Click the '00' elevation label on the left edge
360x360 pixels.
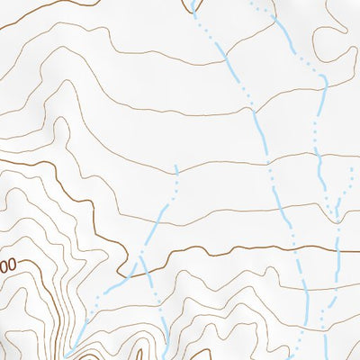pyautogui.click(x=8, y=267)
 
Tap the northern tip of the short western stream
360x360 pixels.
pyautogui.click(x=177, y=166)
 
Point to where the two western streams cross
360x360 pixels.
pyautogui.click(x=143, y=262)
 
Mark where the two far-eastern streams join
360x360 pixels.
pyautogui.click(x=337, y=216)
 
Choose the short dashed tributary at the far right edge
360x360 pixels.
pyautogui.click(x=346, y=184)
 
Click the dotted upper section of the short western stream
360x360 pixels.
pyautogui.click(x=175, y=184)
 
